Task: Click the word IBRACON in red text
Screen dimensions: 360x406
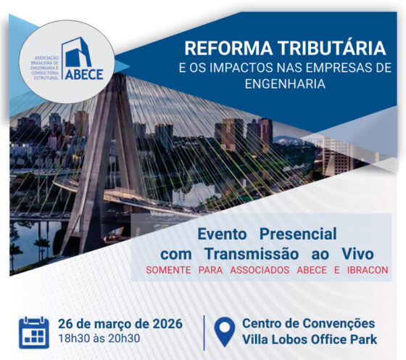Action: (362, 271)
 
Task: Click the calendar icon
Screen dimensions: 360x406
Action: (34, 332)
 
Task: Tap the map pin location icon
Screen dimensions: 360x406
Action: (225, 332)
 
